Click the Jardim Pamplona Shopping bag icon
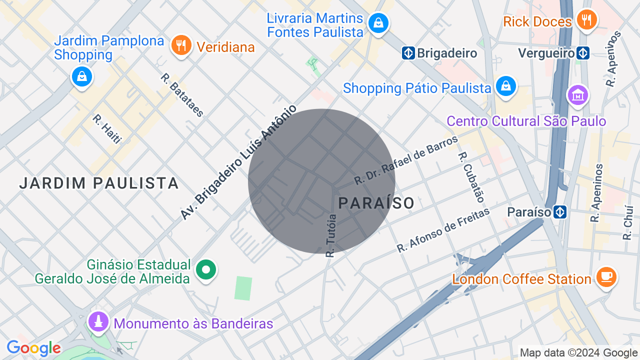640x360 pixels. pyautogui.click(x=81, y=77)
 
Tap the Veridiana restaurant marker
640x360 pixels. pyautogui.click(x=181, y=45)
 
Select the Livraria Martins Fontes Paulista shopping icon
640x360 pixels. pyautogui.click(x=378, y=23)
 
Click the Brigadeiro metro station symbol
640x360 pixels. pyautogui.click(x=408, y=53)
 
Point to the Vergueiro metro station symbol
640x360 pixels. pyautogui.click(x=582, y=53)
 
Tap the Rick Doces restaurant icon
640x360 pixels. pyautogui.click(x=586, y=20)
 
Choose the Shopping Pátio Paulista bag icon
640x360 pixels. pyautogui.click(x=506, y=86)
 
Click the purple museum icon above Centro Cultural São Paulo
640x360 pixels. pyautogui.click(x=577, y=94)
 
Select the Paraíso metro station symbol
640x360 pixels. pyautogui.click(x=560, y=212)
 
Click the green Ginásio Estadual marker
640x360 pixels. pyautogui.click(x=205, y=270)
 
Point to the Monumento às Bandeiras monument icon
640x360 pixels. pyautogui.click(x=98, y=321)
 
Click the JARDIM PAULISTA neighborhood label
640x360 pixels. pyautogui.click(x=99, y=183)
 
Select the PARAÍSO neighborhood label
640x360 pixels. pyautogui.click(x=376, y=203)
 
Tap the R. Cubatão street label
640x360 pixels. pyautogui.click(x=471, y=177)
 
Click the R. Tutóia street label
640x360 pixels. pyautogui.click(x=331, y=235)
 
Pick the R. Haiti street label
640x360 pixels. pyautogui.click(x=107, y=129)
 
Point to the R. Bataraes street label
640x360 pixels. pyautogui.click(x=182, y=95)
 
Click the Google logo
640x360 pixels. pyautogui.click(x=33, y=348)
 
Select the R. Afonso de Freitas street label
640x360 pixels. pyautogui.click(x=443, y=230)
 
